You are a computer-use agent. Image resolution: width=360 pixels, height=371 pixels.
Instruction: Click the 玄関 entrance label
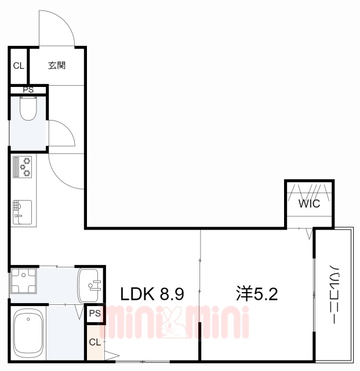(56, 66)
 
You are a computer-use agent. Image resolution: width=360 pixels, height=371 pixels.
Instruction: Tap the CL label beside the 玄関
(19, 66)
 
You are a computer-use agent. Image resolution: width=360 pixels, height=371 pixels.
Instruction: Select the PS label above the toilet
(28, 89)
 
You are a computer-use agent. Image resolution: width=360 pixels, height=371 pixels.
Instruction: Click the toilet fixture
(28, 108)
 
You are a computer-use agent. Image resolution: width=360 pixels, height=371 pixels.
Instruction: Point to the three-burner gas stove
(23, 166)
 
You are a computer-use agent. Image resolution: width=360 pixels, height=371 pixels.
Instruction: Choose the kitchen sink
(22, 211)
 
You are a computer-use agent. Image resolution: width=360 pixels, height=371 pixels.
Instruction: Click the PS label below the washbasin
(95, 314)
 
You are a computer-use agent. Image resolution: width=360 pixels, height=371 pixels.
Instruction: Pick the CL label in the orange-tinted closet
(94, 342)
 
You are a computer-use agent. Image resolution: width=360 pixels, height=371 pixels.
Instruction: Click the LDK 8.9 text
(152, 294)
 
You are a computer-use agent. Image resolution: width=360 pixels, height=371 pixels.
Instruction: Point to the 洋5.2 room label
(257, 294)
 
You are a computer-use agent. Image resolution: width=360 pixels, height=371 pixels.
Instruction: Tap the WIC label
(308, 204)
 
